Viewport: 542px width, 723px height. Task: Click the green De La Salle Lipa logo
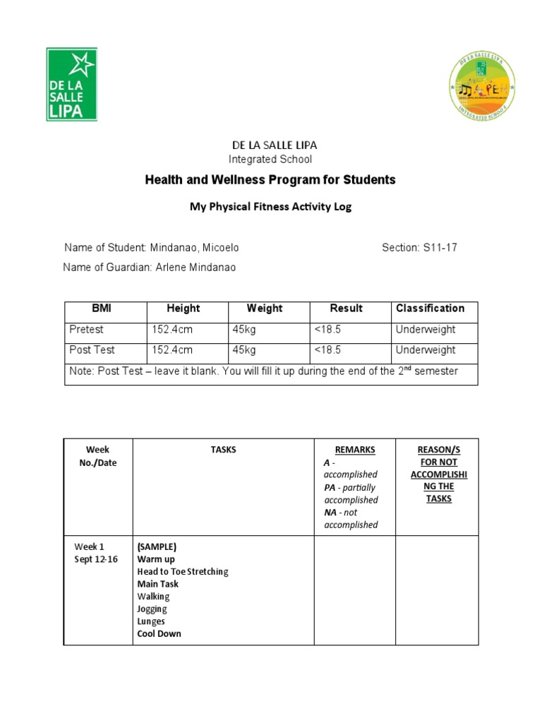pos(71,84)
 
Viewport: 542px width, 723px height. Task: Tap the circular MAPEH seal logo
pos(482,86)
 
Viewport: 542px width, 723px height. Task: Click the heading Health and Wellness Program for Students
pos(270,180)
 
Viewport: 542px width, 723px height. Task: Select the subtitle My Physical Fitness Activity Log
pos(270,207)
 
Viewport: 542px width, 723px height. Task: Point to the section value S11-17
pos(440,248)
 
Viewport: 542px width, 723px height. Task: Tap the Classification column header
pos(430,309)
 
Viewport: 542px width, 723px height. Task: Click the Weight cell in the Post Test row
pos(244,350)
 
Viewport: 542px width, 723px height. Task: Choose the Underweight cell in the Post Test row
pos(426,350)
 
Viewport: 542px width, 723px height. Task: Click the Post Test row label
pos(92,350)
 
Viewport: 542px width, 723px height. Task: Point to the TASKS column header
pos(223,450)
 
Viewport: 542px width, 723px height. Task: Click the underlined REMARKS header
pos(354,450)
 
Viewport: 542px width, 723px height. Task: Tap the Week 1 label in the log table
pos(89,546)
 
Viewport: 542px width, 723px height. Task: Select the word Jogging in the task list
pos(152,609)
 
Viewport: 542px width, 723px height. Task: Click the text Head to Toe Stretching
pos(183,571)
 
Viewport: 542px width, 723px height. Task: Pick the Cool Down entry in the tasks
pos(159,633)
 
